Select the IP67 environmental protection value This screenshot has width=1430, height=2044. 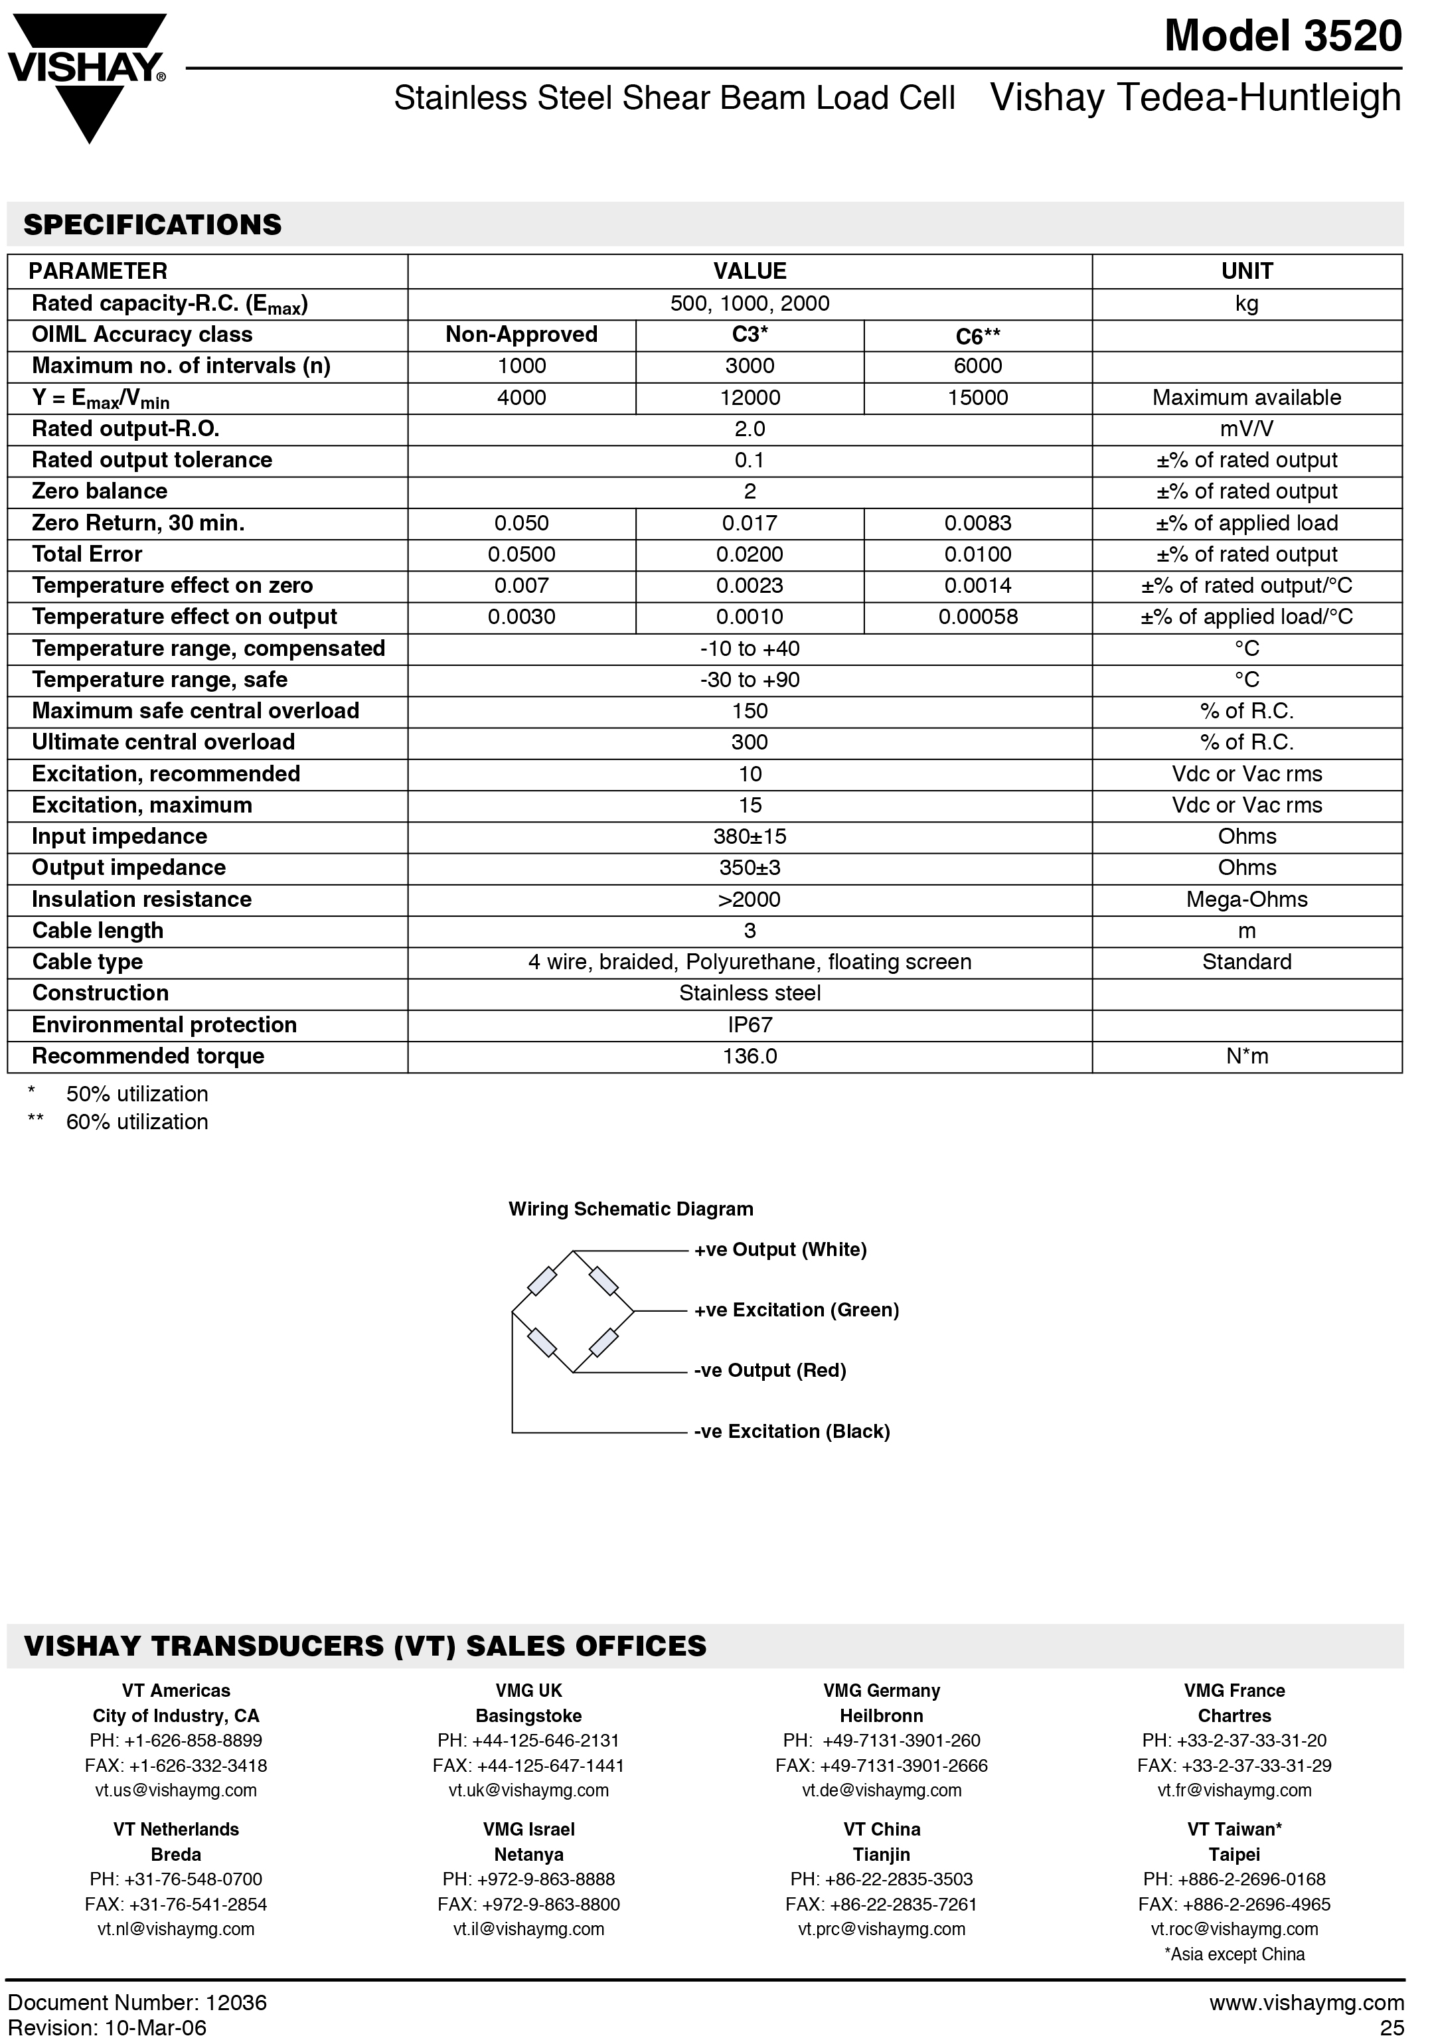(749, 1025)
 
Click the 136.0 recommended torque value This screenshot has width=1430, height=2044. (749, 1056)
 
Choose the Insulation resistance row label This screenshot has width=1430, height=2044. (141, 899)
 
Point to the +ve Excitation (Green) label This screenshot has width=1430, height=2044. (796, 1310)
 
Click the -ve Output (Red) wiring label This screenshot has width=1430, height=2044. (769, 1370)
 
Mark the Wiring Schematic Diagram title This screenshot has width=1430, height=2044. (631, 1209)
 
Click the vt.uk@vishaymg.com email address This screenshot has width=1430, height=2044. (528, 1790)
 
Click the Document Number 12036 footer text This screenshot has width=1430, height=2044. (137, 2002)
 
